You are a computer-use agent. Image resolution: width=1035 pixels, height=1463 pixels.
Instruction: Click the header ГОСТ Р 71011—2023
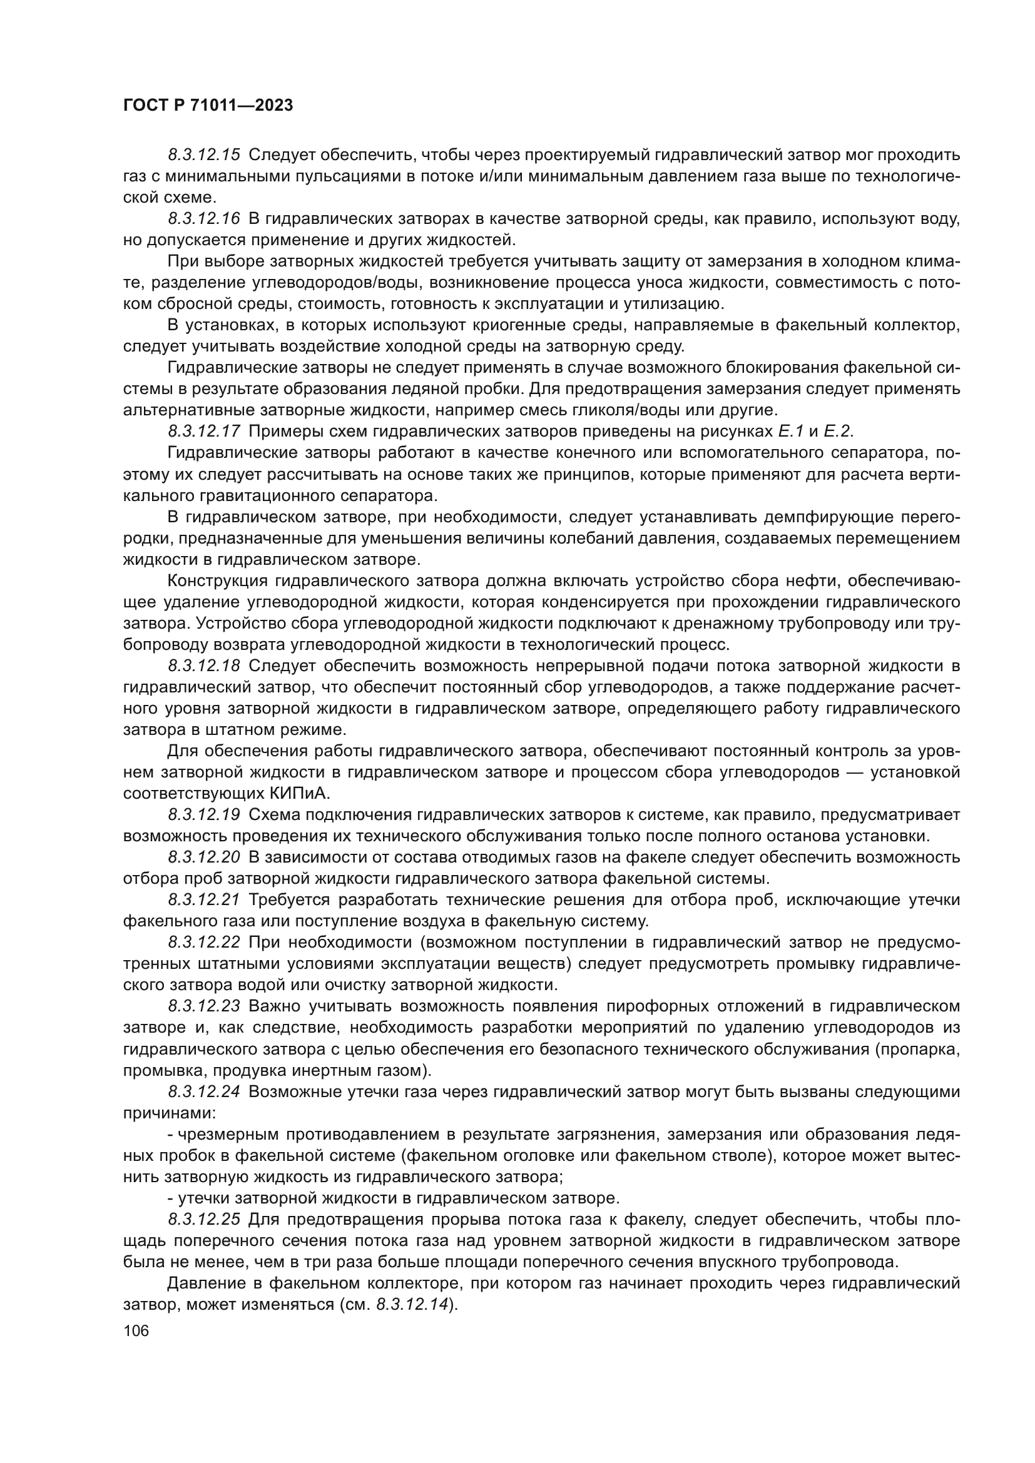tap(208, 106)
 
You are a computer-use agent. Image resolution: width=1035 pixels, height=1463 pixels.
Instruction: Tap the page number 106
tap(136, 1330)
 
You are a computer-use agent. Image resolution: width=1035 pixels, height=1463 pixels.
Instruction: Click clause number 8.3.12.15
tap(204, 155)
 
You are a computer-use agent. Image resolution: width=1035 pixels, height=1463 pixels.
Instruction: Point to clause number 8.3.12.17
tap(204, 432)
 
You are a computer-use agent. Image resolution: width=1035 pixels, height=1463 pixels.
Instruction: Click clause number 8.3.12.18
tap(204, 666)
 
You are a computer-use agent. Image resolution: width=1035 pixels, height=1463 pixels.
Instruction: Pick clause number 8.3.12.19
tap(204, 815)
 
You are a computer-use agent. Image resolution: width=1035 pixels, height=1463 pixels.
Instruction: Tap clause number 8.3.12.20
tap(204, 858)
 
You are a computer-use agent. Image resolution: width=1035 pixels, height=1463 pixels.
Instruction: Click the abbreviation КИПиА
tap(296, 793)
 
